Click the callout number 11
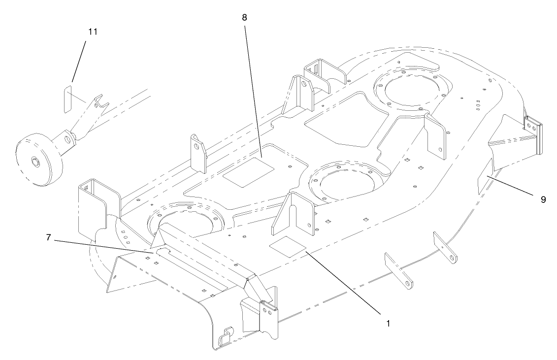point(93,32)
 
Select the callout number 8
point(244,17)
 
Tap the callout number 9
point(543,199)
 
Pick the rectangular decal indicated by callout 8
point(249,170)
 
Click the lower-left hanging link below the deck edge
point(398,270)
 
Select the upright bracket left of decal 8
point(198,153)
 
